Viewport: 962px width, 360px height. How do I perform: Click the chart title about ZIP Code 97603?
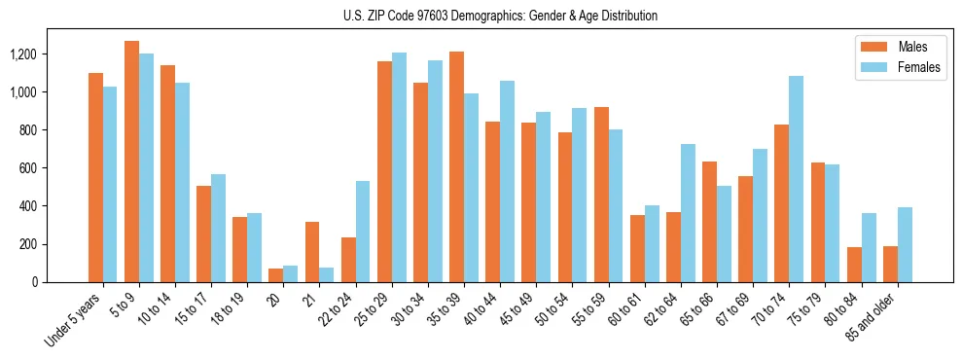pyautogui.click(x=500, y=16)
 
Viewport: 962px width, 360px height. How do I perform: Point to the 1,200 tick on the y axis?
pyautogui.click(x=23, y=54)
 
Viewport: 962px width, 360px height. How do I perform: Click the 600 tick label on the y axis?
pyautogui.click(x=27, y=168)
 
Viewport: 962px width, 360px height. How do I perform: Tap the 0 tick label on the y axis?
pyautogui.click(x=35, y=282)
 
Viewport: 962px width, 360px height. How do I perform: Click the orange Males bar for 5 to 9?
pyautogui.click(x=131, y=162)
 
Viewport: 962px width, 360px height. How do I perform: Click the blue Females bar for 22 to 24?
pyautogui.click(x=363, y=232)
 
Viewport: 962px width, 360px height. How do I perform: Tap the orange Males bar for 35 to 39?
pyautogui.click(x=456, y=166)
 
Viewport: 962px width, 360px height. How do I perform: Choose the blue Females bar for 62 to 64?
pyautogui.click(x=688, y=213)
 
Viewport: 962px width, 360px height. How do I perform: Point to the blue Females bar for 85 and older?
pyautogui.click(x=905, y=244)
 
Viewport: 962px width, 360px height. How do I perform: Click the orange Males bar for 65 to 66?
pyautogui.click(x=709, y=222)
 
